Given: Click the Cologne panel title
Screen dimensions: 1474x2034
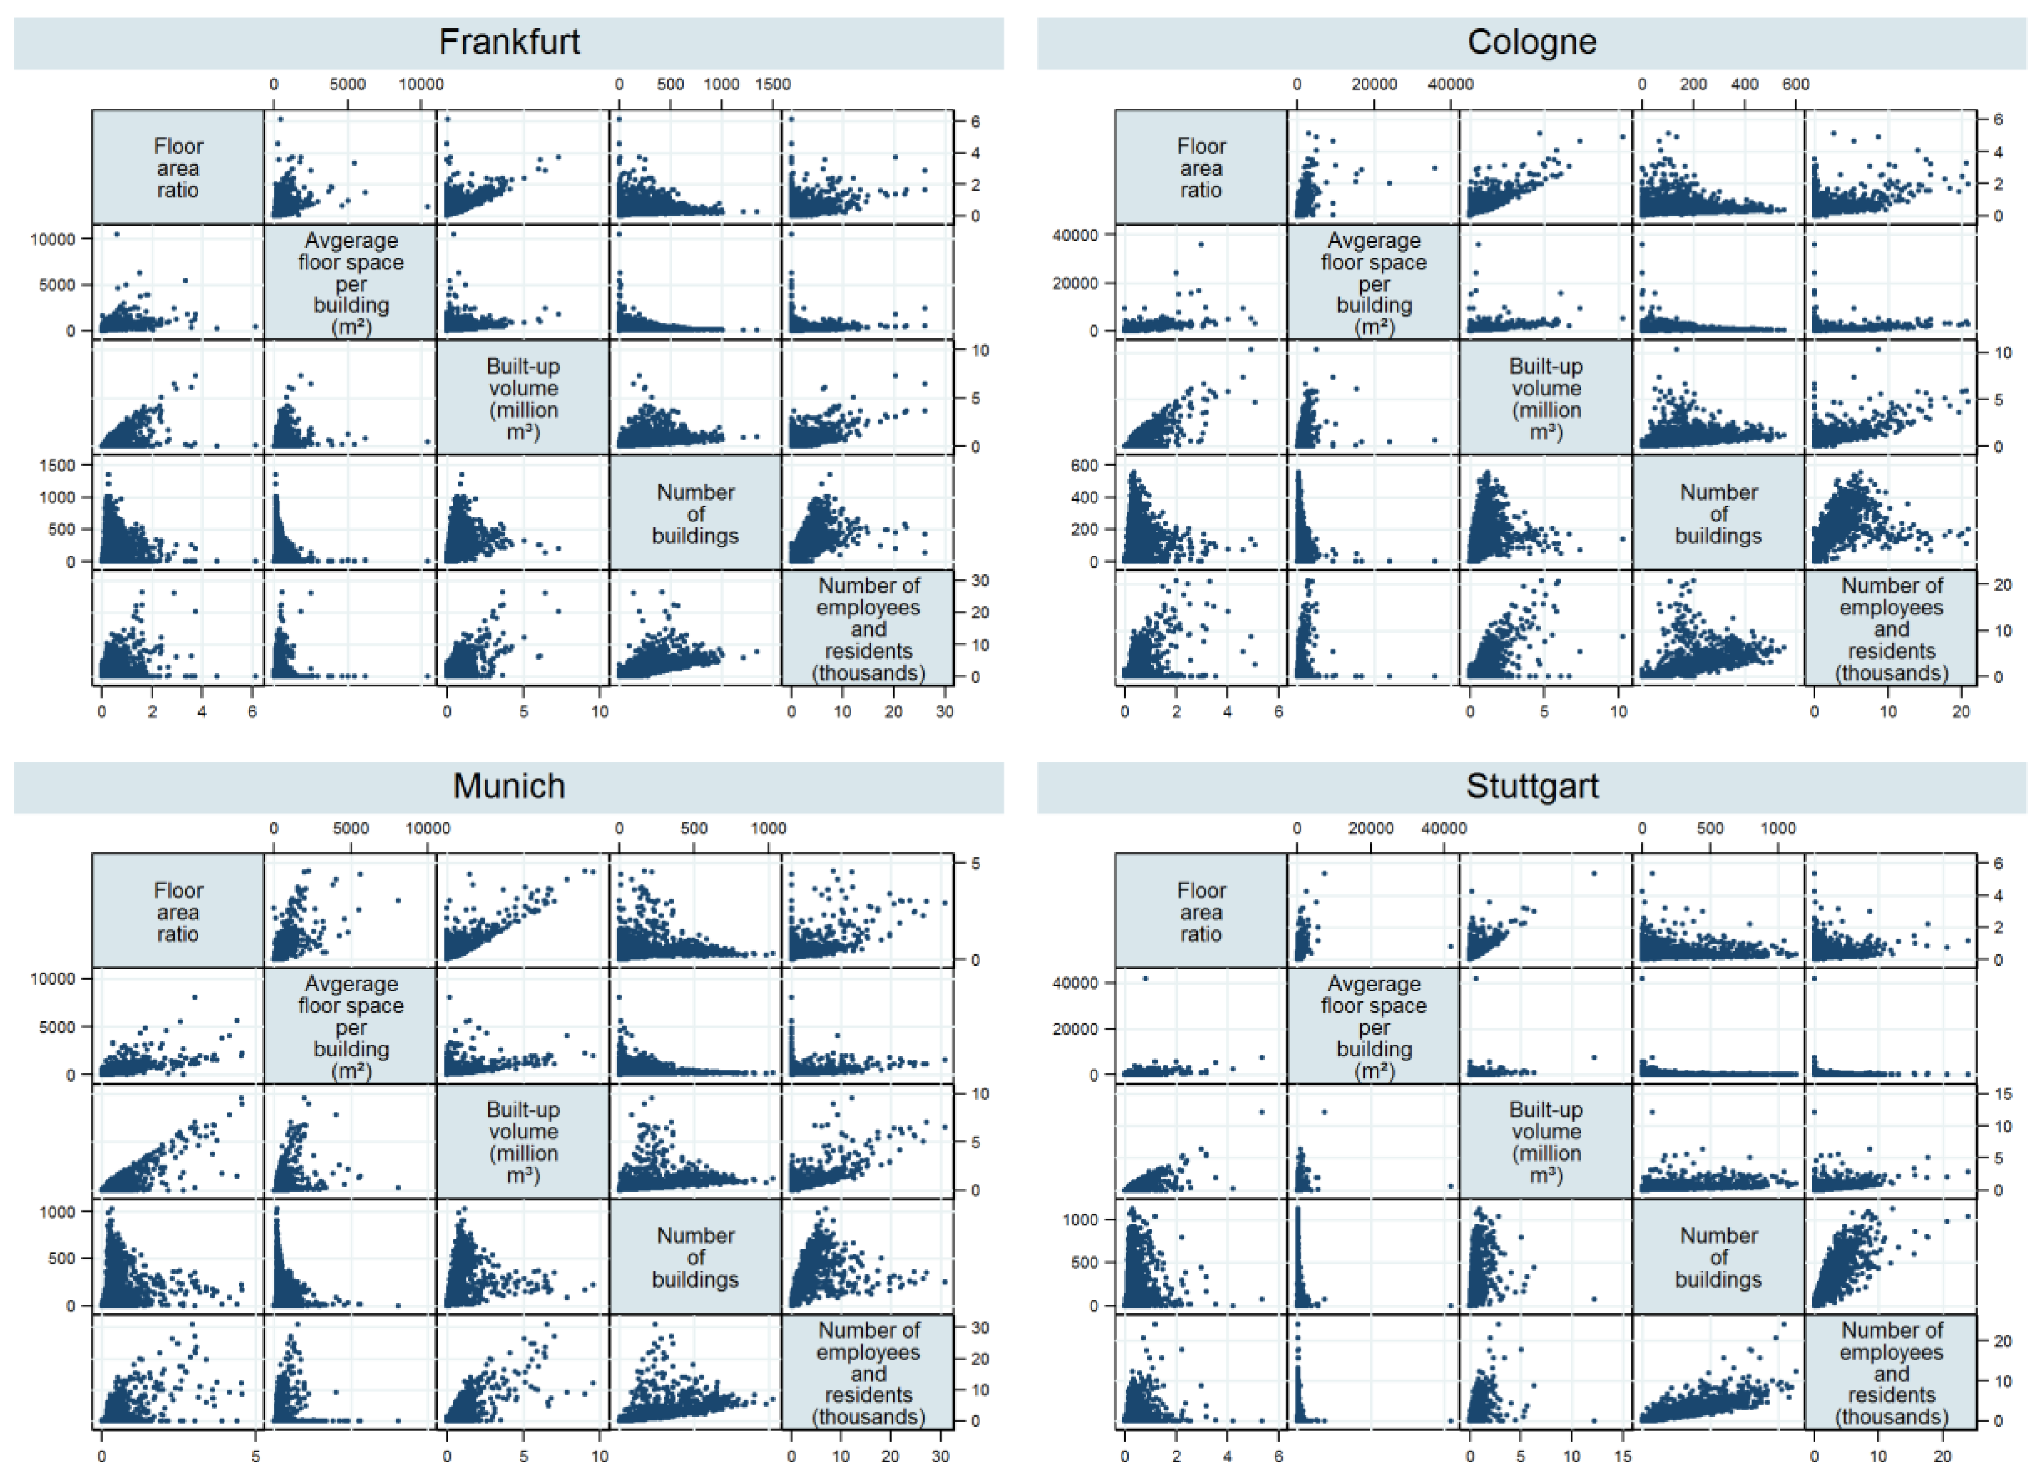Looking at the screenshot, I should pos(1531,42).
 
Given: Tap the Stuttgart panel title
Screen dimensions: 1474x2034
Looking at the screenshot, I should pos(1531,786).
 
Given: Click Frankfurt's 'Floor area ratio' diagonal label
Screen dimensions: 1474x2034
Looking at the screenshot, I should pos(177,168).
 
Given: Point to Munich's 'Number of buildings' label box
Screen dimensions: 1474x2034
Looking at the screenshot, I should pos(695,1257).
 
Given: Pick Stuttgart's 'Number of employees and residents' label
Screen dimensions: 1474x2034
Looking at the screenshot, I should pos(1891,1373).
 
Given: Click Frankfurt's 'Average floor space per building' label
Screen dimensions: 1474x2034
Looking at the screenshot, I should pos(351,283).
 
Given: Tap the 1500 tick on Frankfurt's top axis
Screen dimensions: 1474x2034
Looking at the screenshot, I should pos(772,84).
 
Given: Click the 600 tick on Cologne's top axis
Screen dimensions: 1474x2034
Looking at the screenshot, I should pos(1795,84).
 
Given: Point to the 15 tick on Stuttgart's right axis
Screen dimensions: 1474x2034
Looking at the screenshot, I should pos(2003,1094).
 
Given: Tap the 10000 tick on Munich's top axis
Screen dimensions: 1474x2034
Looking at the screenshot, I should pos(427,828).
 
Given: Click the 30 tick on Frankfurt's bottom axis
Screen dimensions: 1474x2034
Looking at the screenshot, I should pos(945,712).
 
